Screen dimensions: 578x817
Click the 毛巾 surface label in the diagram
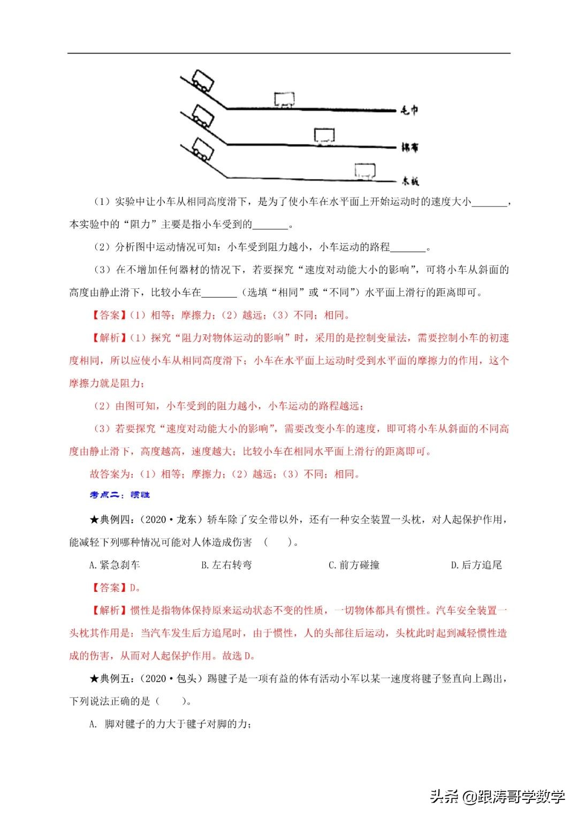[409, 110]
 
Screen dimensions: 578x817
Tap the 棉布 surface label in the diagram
[410, 147]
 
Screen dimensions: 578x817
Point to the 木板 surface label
[410, 181]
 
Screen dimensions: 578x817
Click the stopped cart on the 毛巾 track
[284, 99]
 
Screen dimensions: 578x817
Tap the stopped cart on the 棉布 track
[324, 135]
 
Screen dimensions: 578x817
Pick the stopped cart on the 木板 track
[365, 171]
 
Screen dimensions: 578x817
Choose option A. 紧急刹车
[114, 565]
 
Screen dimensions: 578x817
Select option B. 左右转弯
[226, 565]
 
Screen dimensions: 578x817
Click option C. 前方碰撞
[353, 565]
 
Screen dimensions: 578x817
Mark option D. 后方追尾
[476, 565]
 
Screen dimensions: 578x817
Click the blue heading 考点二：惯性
[120, 495]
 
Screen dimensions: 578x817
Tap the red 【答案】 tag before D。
[109, 587]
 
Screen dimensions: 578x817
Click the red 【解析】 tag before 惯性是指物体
[109, 610]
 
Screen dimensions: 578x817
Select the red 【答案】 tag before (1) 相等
[109, 315]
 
